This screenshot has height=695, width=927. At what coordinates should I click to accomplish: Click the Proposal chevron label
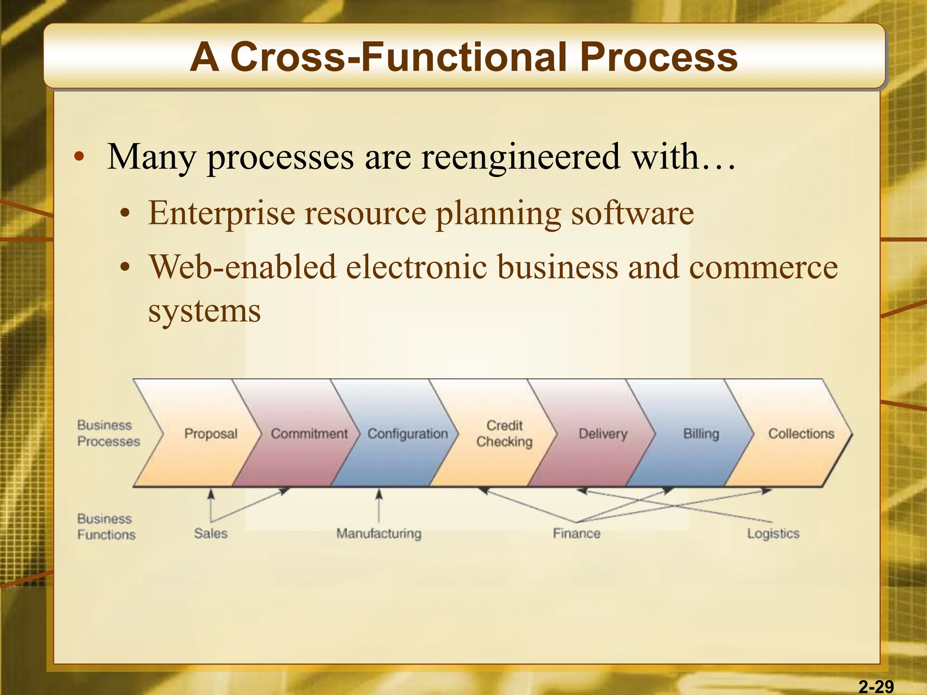click(x=210, y=433)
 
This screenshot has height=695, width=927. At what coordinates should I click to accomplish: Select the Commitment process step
click(x=309, y=433)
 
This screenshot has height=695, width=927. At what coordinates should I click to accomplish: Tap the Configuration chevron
click(x=407, y=433)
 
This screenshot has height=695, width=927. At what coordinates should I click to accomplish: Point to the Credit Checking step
click(x=504, y=433)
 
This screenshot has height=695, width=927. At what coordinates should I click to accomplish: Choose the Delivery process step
click(x=603, y=433)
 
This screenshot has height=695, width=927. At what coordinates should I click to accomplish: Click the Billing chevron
click(x=701, y=433)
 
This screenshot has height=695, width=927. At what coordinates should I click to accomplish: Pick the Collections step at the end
click(x=801, y=433)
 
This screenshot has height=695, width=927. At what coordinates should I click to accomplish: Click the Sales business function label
click(x=210, y=533)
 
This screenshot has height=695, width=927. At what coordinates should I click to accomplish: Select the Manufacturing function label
click(x=378, y=533)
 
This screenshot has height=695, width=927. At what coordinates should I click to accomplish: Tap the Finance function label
click(x=576, y=533)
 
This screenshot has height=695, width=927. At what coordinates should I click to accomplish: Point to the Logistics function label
click(x=773, y=533)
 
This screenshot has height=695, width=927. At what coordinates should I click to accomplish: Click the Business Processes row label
click(x=108, y=433)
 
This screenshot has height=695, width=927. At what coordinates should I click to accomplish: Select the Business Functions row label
click(x=106, y=527)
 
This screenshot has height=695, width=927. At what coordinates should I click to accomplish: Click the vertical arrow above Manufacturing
click(x=379, y=506)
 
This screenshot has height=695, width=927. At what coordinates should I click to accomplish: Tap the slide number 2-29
click(x=876, y=686)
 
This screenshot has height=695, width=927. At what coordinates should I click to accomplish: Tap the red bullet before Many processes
click(x=80, y=157)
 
